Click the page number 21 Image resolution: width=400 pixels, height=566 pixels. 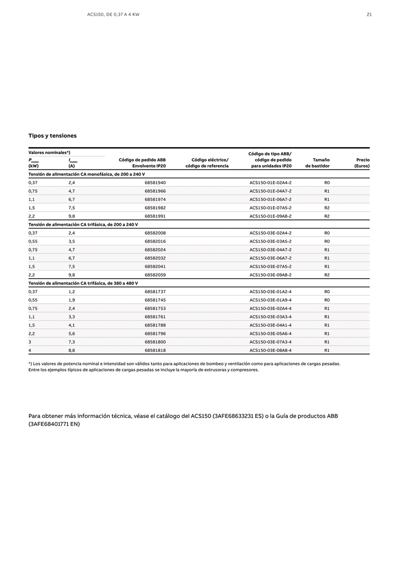tap(369, 14)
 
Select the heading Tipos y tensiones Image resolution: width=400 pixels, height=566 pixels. tap(53, 135)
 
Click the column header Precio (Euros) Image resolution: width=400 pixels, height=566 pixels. tap(362, 163)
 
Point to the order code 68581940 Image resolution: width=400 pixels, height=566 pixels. tap(155, 183)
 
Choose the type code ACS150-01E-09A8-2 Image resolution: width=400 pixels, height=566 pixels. tap(270, 216)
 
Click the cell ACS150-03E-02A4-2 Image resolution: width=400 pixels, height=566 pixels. tap(270, 233)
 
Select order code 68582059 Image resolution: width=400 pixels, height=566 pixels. tap(155, 275)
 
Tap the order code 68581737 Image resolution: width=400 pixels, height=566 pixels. tap(155, 291)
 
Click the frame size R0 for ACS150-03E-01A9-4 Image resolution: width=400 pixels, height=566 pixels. tap(327, 300)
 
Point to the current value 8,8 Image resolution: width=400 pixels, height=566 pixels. tap(72, 350)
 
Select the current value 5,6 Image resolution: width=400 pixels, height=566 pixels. tap(72, 333)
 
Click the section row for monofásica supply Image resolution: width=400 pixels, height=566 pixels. tap(86, 174)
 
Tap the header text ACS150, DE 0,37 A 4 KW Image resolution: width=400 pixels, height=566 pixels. tap(113, 14)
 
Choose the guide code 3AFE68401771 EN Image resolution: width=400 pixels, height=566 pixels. tap(54, 424)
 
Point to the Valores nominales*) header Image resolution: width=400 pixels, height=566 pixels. tap(49, 152)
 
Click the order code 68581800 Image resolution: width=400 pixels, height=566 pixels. tap(155, 342)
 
